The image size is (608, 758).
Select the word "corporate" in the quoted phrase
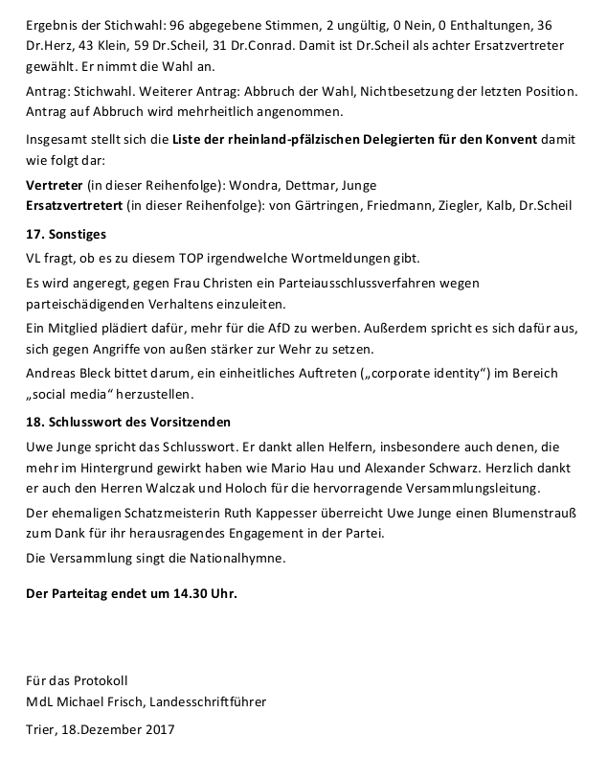[392, 372]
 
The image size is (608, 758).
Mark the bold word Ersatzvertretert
[79, 205]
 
